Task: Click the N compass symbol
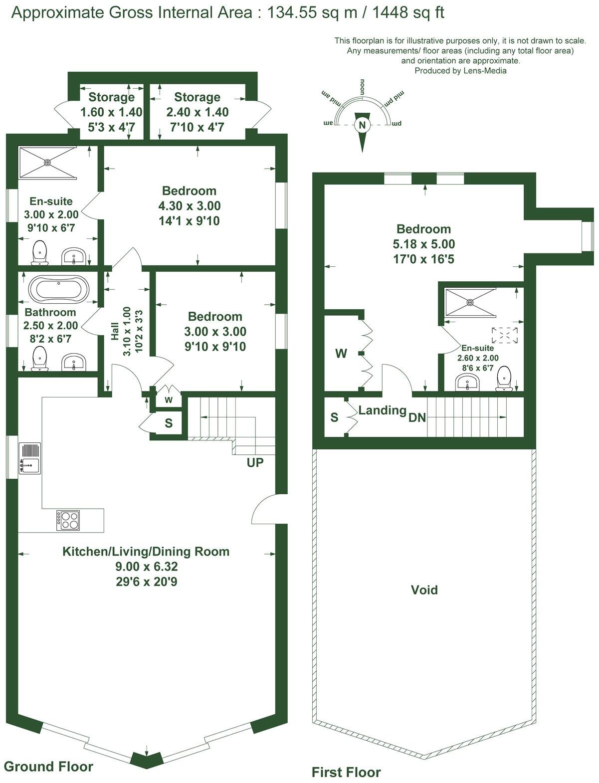pyautogui.click(x=363, y=125)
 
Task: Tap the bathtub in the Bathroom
pyautogui.click(x=59, y=289)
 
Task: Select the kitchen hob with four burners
pyautogui.click(x=68, y=520)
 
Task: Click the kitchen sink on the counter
pyautogui.click(x=30, y=458)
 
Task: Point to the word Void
pyautogui.click(x=424, y=590)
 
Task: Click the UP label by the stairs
pyautogui.click(x=255, y=463)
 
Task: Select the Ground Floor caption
pyautogui.click(x=48, y=766)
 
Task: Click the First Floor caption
pyautogui.click(x=346, y=773)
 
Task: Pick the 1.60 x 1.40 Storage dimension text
pyautogui.click(x=111, y=112)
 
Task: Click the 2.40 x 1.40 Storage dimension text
pyautogui.click(x=197, y=112)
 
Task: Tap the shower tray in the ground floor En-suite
pyautogui.click(x=47, y=162)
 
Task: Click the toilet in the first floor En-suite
pyautogui.click(x=504, y=378)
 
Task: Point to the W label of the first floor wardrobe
pyautogui.click(x=341, y=354)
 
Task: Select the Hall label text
pyautogui.click(x=115, y=331)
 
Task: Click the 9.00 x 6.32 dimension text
pyautogui.click(x=146, y=567)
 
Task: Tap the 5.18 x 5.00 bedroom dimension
pyautogui.click(x=423, y=244)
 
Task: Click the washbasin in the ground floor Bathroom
pyautogui.click(x=74, y=363)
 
